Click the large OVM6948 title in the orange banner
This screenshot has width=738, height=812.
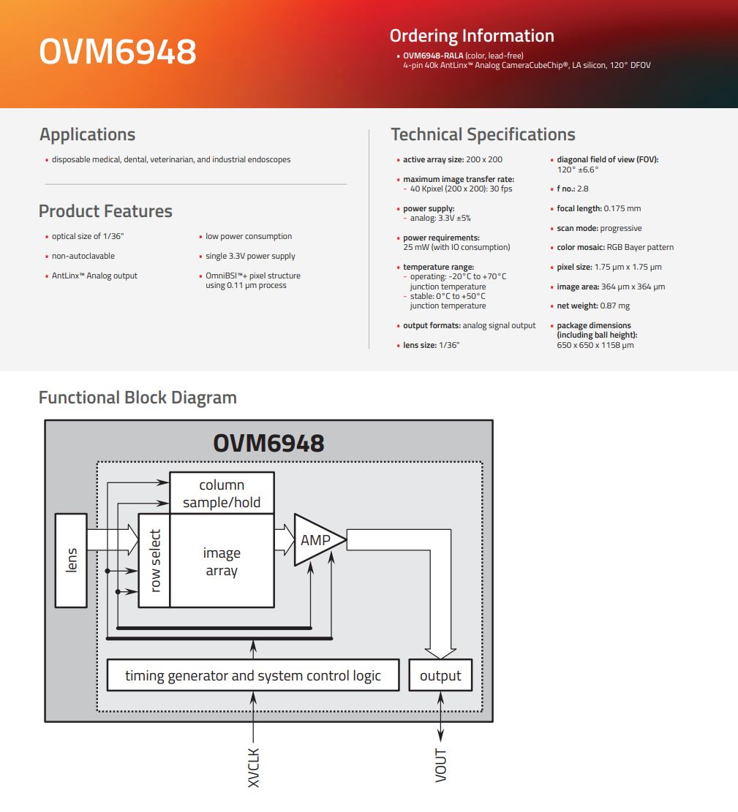pyautogui.click(x=118, y=51)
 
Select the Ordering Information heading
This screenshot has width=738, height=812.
pyautogui.click(x=472, y=36)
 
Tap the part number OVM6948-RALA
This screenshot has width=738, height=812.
pyautogui.click(x=433, y=56)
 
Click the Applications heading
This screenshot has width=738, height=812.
pyautogui.click(x=88, y=134)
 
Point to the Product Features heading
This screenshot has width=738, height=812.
pyautogui.click(x=106, y=211)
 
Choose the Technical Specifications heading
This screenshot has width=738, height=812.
pyautogui.click(x=483, y=134)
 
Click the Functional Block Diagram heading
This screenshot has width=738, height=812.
pyautogui.click(x=138, y=398)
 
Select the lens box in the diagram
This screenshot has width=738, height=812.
pyautogui.click(x=71, y=561)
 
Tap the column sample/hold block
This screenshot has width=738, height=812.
pyautogui.click(x=222, y=493)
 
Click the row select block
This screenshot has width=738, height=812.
pyautogui.click(x=154, y=561)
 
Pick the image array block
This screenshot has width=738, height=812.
pyautogui.click(x=222, y=561)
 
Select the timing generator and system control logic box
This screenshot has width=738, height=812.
pyautogui.click(x=253, y=675)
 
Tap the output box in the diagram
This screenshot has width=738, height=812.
pyautogui.click(x=440, y=675)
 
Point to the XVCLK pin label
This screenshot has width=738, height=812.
pyautogui.click(x=253, y=768)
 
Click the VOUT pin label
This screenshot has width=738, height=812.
pyautogui.click(x=440, y=765)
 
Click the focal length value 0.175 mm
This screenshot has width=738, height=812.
pyautogui.click(x=622, y=209)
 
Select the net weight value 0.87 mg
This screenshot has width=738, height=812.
pyautogui.click(x=614, y=306)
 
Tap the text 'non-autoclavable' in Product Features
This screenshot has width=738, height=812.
pyautogui.click(x=83, y=256)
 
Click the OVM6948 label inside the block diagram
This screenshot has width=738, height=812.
pyautogui.click(x=268, y=444)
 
